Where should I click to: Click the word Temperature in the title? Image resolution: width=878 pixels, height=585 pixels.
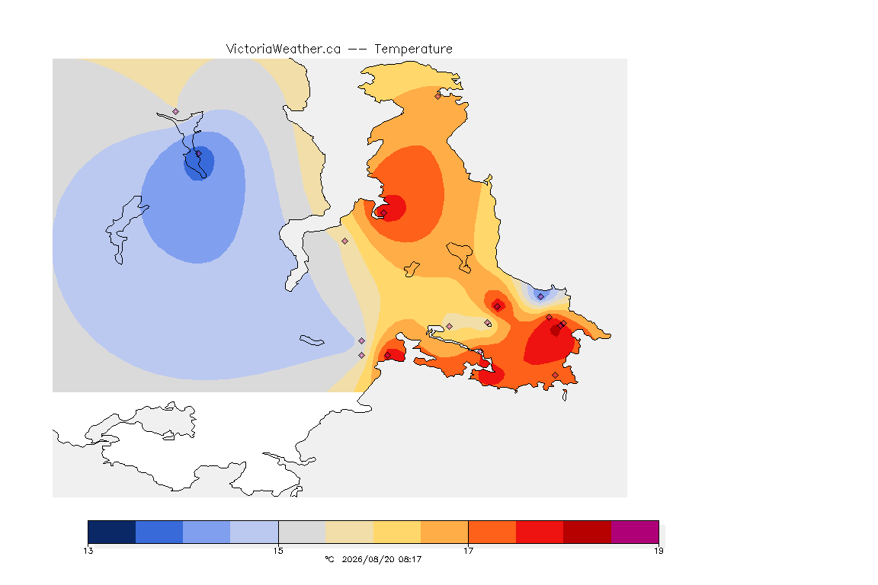(x=413, y=50)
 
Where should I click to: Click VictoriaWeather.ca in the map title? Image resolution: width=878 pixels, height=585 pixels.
(x=284, y=50)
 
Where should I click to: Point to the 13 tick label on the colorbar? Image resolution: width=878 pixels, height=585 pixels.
(x=88, y=551)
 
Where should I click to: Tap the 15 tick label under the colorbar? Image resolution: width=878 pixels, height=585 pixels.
(x=278, y=551)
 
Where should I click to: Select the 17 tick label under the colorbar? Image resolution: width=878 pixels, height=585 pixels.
(x=468, y=551)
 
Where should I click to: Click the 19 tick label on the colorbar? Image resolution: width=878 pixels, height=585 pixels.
(x=658, y=551)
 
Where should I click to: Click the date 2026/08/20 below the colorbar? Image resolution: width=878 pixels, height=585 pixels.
(x=366, y=559)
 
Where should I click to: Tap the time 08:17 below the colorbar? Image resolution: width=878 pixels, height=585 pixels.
(x=410, y=559)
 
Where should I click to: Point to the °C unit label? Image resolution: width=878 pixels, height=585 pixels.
(x=329, y=559)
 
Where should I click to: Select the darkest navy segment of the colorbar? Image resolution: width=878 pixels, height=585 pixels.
(x=112, y=532)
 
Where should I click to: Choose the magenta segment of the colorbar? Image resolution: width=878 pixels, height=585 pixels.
(x=634, y=532)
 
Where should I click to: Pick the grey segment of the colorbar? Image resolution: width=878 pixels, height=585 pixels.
(x=302, y=532)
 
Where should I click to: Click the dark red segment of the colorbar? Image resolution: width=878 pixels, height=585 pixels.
(x=587, y=532)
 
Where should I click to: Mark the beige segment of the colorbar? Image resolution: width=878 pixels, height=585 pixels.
(x=349, y=532)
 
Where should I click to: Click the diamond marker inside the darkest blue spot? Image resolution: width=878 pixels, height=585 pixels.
(x=198, y=154)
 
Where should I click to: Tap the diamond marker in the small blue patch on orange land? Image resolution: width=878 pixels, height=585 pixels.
(x=540, y=297)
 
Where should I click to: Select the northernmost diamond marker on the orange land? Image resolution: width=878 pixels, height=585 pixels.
(x=438, y=96)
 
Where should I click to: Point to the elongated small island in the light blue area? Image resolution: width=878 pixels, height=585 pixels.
(x=312, y=340)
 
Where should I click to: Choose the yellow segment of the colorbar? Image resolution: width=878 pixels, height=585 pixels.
(x=397, y=532)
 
